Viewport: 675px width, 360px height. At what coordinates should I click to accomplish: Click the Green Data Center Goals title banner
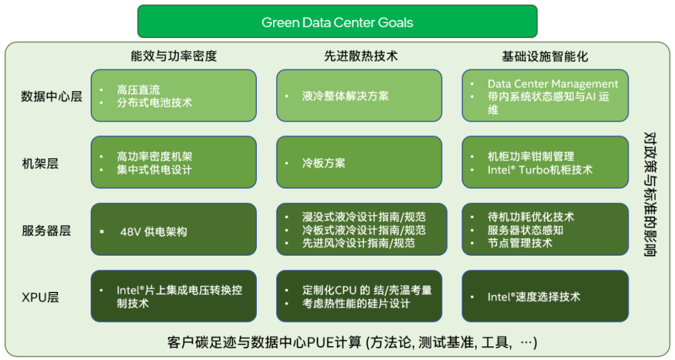click(x=337, y=22)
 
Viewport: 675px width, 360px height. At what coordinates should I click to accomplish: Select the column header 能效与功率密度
click(x=174, y=56)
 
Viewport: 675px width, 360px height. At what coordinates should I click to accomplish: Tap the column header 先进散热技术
click(x=361, y=56)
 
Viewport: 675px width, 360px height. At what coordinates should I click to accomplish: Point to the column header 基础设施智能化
click(x=544, y=56)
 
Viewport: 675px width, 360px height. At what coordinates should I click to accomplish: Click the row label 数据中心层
click(x=51, y=96)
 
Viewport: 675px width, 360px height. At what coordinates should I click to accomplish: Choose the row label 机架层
click(x=40, y=164)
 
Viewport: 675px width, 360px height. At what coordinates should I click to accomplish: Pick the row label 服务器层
click(x=46, y=231)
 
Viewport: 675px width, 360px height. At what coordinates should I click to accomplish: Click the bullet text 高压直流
click(x=138, y=90)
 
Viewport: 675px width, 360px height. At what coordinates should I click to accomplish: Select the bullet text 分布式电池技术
click(x=154, y=102)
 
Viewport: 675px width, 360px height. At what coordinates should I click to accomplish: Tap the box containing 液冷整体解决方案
click(x=359, y=96)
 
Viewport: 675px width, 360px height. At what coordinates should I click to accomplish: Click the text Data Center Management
click(x=552, y=84)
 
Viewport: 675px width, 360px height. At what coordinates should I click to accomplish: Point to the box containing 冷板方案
click(x=359, y=162)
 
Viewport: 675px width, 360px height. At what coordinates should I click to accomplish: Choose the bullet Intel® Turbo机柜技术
click(x=539, y=169)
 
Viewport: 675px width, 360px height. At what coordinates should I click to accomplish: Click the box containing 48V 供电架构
click(x=173, y=229)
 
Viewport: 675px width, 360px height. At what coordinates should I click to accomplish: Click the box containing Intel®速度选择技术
click(x=545, y=297)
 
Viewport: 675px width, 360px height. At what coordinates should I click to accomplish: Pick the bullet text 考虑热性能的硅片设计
click(x=356, y=303)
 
